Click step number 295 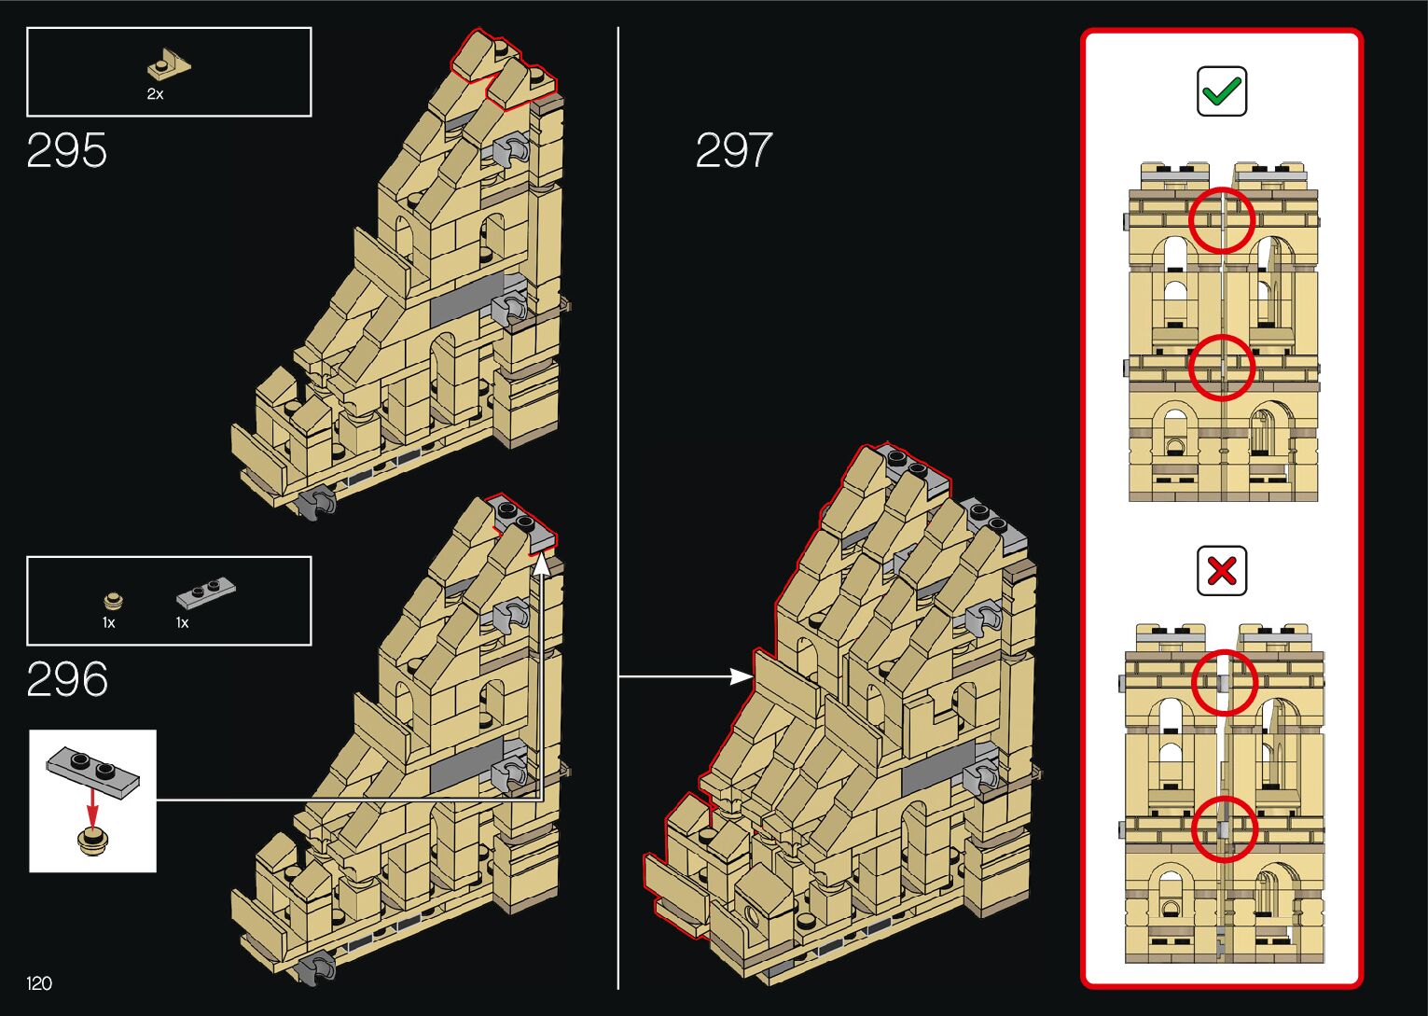point(67,150)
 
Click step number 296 point(67,679)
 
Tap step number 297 point(734,150)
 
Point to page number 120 point(39,983)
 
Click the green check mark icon point(1222,91)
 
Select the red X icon point(1222,570)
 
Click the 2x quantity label point(155,94)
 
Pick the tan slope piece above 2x point(169,65)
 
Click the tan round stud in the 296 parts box point(113,599)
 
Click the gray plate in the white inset point(93,771)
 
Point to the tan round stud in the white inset point(91,839)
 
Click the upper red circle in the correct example point(1222,220)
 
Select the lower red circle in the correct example point(1222,367)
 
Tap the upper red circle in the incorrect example point(1224,682)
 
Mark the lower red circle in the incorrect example point(1224,828)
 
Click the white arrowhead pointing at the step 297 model point(742,676)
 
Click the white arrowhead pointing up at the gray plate point(541,563)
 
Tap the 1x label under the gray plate point(183,623)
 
